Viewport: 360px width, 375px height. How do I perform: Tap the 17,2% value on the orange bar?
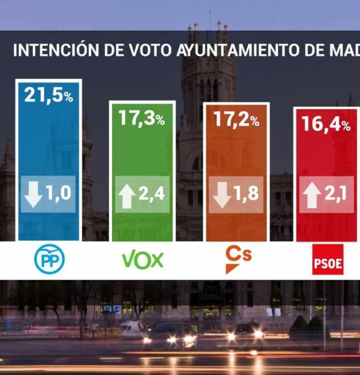coord(236,119)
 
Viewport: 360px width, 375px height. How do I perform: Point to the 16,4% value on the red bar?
coord(326,124)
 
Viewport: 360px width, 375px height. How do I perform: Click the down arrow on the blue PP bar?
coord(33,194)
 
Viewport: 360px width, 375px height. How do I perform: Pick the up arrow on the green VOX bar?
coord(127,196)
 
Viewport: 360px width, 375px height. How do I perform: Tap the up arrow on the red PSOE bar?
coord(312,196)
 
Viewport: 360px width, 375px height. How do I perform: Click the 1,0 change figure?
coord(58,193)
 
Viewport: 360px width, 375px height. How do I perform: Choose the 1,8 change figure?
coord(245,194)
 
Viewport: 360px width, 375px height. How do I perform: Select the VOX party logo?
coord(142,260)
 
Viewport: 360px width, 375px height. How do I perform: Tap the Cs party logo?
coord(237,259)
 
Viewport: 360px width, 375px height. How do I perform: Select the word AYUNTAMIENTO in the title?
coord(231,50)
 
